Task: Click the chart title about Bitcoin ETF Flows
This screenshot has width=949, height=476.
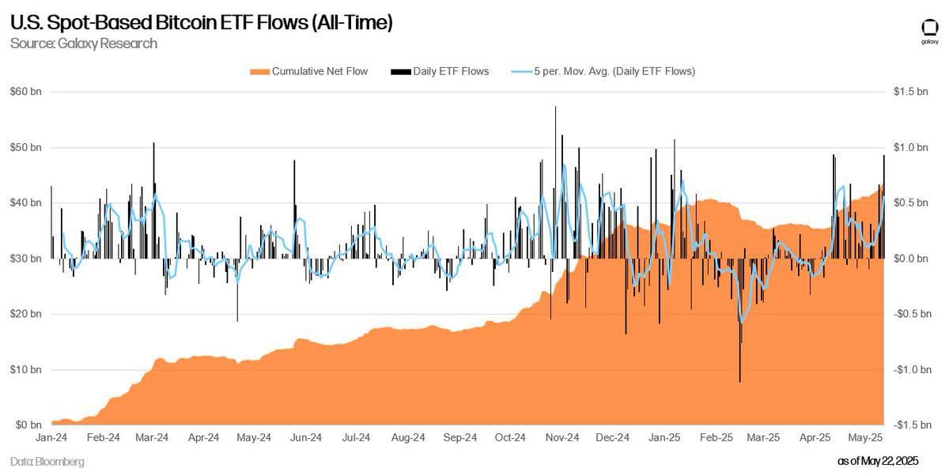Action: click(x=201, y=24)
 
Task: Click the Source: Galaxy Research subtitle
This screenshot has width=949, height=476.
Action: click(x=84, y=43)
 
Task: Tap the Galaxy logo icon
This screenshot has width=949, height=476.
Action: click(x=930, y=28)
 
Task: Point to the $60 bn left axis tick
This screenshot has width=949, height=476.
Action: click(x=25, y=92)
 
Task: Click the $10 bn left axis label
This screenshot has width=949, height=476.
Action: click(x=25, y=369)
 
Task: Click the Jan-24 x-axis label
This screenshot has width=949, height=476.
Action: click(x=52, y=437)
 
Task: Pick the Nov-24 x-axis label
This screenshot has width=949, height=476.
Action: click(x=562, y=437)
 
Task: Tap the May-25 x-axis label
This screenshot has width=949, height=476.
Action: click(x=866, y=437)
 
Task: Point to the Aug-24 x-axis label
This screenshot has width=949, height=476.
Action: click(x=409, y=437)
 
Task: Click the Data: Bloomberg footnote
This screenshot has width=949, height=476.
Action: click(x=47, y=461)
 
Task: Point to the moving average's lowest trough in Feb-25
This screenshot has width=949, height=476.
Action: click(x=741, y=322)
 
